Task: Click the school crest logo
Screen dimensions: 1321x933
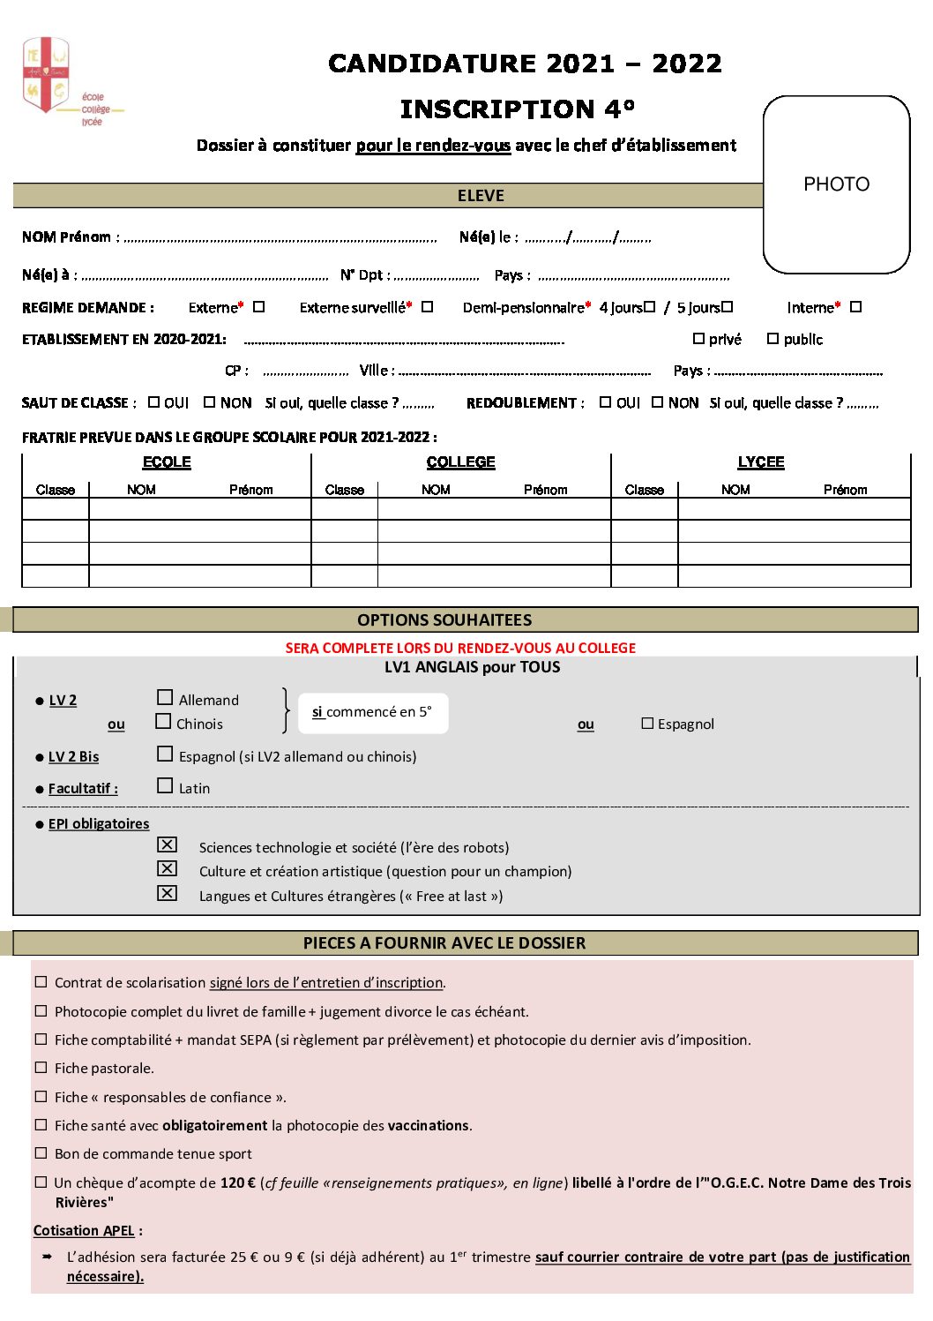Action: [x=46, y=74]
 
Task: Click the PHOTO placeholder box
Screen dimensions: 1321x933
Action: [x=836, y=184]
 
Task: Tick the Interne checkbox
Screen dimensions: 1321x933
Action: [x=855, y=307]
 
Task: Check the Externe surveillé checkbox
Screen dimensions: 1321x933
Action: [x=427, y=307]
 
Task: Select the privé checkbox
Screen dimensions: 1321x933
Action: [x=698, y=339]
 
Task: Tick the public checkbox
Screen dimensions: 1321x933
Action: [x=773, y=339]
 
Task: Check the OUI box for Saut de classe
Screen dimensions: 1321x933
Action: [x=154, y=402]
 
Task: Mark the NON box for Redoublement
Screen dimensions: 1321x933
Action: [x=657, y=402]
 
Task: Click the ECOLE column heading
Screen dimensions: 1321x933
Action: [x=167, y=462]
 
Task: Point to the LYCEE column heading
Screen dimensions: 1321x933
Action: [x=761, y=462]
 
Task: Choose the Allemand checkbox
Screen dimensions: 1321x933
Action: [x=165, y=698]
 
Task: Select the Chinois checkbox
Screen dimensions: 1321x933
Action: [x=163, y=722]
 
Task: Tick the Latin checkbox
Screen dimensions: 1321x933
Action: [x=165, y=785]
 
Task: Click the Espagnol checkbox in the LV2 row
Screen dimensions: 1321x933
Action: [x=647, y=724]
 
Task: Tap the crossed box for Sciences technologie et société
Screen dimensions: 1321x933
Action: [x=167, y=844]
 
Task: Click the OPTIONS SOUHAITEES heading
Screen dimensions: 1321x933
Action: [x=444, y=620]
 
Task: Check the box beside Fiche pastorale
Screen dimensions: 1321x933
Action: [x=41, y=1068]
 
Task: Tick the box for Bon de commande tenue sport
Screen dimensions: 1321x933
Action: [x=41, y=1153]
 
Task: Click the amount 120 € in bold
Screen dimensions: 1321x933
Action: [x=238, y=1183]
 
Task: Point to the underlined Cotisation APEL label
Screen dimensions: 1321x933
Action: [x=84, y=1231]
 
